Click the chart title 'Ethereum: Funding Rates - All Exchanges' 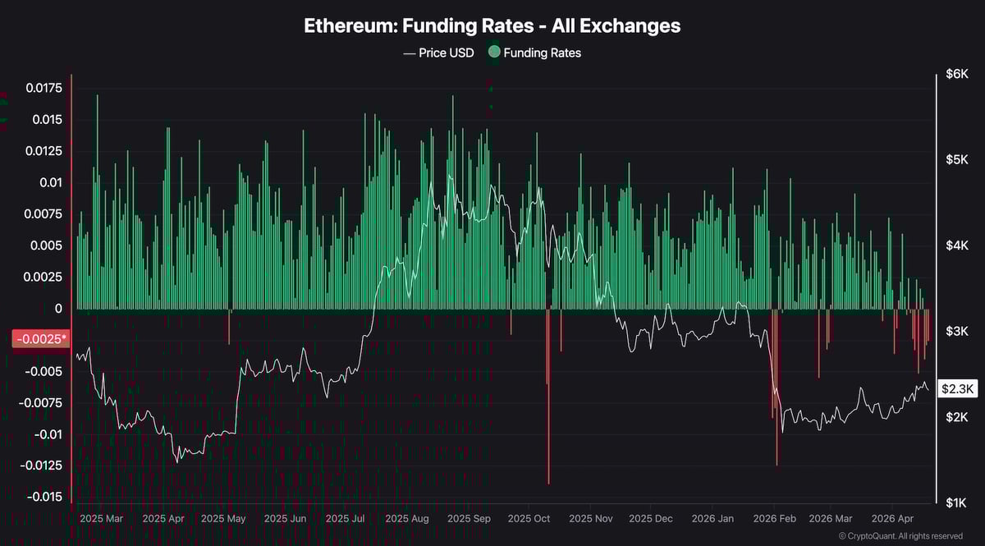492,25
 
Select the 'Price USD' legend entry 438,53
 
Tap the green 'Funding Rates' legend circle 493,53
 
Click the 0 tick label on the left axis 57,309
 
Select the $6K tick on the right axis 956,75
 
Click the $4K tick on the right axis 956,245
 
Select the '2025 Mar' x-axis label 103,519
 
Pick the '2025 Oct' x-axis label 529,519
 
